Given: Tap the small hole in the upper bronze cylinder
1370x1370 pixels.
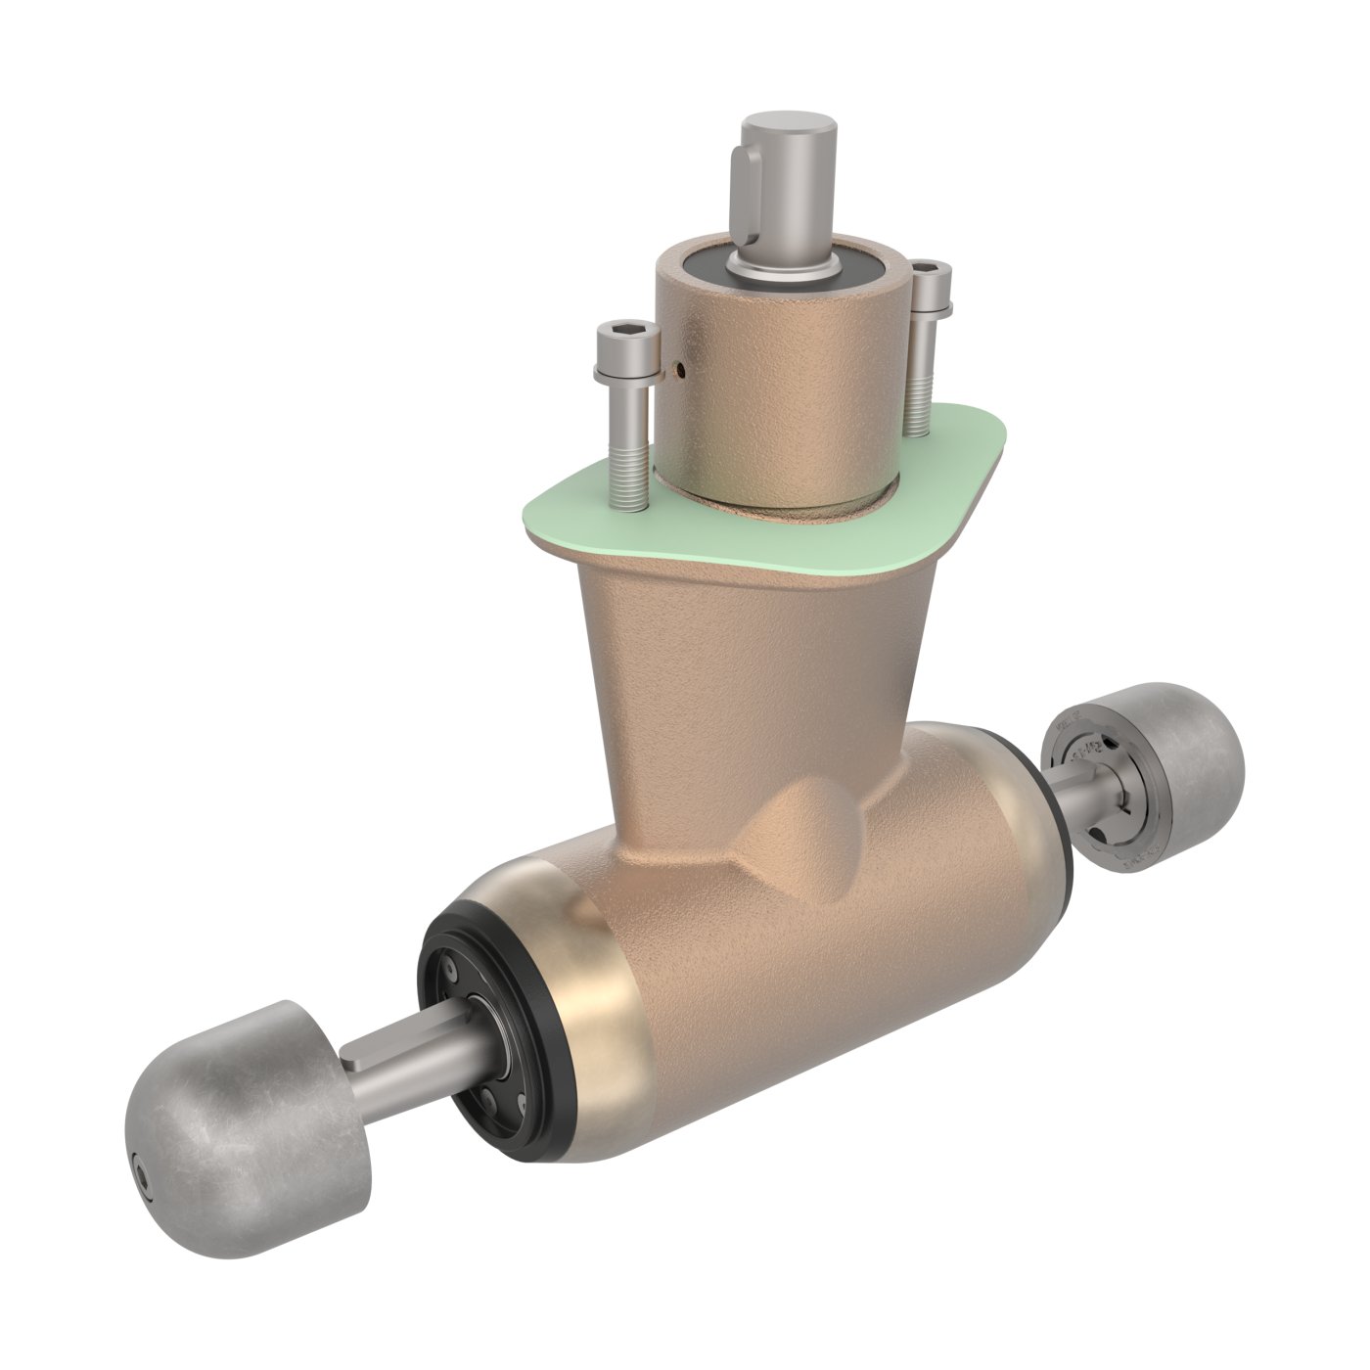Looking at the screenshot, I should pyautogui.click(x=681, y=370).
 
